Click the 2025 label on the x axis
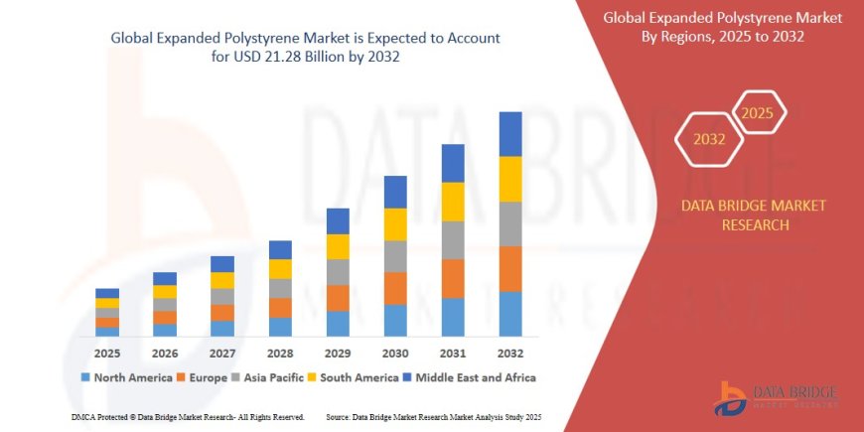[x=107, y=353]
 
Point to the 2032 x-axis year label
[x=510, y=353]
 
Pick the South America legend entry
[x=357, y=377]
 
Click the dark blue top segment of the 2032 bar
[x=510, y=134]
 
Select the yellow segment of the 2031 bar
[x=453, y=202]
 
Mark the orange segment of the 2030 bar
[x=395, y=288]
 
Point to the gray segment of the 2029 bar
[x=338, y=272]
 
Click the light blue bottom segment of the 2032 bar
[x=510, y=314]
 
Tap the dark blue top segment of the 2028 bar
[x=280, y=249]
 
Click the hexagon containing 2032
[x=709, y=139]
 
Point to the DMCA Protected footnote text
[x=188, y=416]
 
